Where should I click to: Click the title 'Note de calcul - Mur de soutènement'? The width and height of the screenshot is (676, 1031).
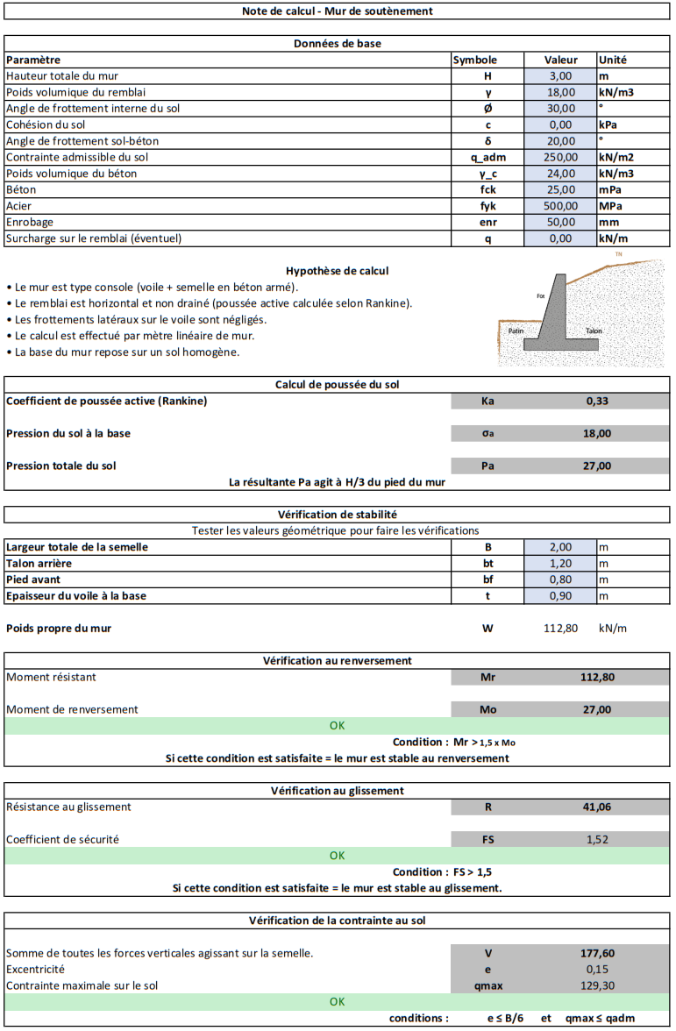(x=338, y=11)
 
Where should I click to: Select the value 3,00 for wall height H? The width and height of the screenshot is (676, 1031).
(x=560, y=76)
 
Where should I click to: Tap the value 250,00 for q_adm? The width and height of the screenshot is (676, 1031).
(x=560, y=157)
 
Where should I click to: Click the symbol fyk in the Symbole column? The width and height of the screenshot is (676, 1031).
(x=487, y=205)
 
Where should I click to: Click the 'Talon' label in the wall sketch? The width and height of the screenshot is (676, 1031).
(x=594, y=331)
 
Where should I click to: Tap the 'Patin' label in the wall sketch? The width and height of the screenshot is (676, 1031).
(x=516, y=331)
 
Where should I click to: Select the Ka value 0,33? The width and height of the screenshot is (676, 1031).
(x=598, y=401)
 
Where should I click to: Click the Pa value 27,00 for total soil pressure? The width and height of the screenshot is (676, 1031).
(x=598, y=466)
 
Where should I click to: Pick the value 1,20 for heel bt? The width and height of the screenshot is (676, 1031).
(x=560, y=563)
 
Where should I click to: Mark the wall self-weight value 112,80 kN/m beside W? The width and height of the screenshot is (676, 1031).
(x=560, y=628)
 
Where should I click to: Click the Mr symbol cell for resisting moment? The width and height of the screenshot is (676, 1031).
(x=487, y=677)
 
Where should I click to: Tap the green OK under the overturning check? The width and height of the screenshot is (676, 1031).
(x=338, y=726)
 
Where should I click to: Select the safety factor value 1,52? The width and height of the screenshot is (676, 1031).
(x=598, y=839)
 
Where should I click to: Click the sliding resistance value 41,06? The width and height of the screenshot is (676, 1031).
(x=598, y=807)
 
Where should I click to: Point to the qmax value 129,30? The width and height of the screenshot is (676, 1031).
(x=598, y=985)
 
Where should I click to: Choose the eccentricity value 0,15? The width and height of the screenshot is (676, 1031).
(x=598, y=969)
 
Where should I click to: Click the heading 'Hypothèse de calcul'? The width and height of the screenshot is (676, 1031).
(x=338, y=271)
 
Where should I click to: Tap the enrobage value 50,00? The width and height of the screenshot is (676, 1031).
(x=560, y=222)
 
